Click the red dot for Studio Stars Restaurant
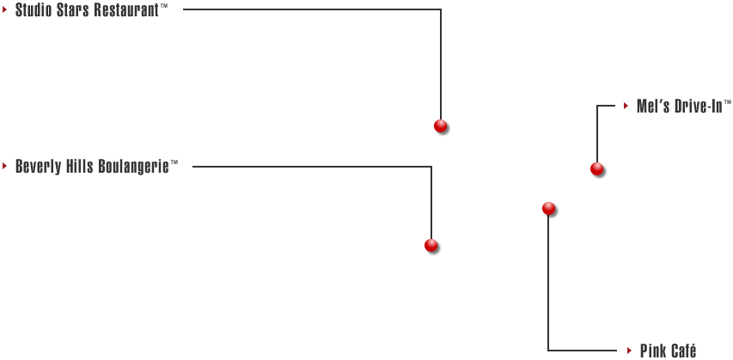pos(440,125)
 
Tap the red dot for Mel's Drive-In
pos(596,168)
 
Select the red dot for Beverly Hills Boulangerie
pos(431,246)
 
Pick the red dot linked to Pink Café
pos(548,209)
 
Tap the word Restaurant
pos(126,10)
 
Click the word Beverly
pos(39,167)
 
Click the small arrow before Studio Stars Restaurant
pos(4,9)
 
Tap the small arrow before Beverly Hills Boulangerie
pos(4,166)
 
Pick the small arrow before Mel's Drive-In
pos(626,107)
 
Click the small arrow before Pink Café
pos(630,351)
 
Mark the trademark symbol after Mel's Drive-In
pos(727,102)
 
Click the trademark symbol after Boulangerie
pos(174,162)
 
